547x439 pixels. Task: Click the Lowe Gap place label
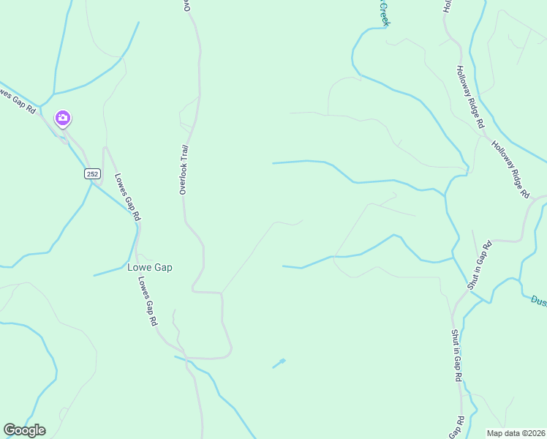pyautogui.click(x=150, y=268)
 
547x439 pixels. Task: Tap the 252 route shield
pyautogui.click(x=92, y=173)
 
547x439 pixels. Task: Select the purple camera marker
pyautogui.click(x=62, y=118)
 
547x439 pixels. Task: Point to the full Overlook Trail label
pyautogui.click(x=185, y=169)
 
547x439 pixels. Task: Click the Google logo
pyautogui.click(x=24, y=430)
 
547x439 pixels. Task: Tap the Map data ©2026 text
pyautogui.click(x=516, y=433)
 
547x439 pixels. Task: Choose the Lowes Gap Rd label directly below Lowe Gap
pyautogui.click(x=148, y=301)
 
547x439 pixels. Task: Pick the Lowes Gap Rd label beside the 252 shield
pyautogui.click(x=127, y=196)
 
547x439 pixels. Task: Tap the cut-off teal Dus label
pyautogui.click(x=538, y=300)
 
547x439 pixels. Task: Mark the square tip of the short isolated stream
pyautogui.click(x=283, y=360)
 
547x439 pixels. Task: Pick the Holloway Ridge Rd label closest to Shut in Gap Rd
pyautogui.click(x=510, y=169)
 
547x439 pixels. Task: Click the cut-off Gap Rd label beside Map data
pyautogui.click(x=456, y=428)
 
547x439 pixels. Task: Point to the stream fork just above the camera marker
pyautogui.click(x=53, y=94)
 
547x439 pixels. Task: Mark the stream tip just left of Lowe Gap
pyautogui.click(x=94, y=276)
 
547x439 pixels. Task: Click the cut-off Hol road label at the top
pyautogui.click(x=447, y=6)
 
